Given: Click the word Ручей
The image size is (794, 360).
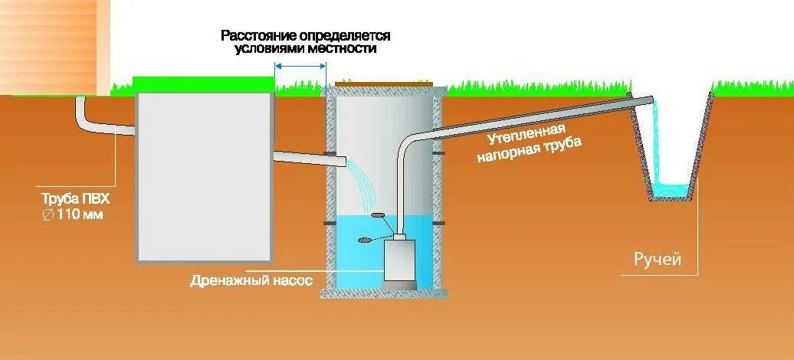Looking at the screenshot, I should [657, 259].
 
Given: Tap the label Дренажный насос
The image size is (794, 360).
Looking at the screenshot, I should [251, 281].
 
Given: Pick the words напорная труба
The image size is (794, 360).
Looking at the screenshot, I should [529, 151].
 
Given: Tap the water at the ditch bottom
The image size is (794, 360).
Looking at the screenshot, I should [674, 188].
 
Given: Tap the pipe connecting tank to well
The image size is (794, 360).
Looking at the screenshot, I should [307, 159].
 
